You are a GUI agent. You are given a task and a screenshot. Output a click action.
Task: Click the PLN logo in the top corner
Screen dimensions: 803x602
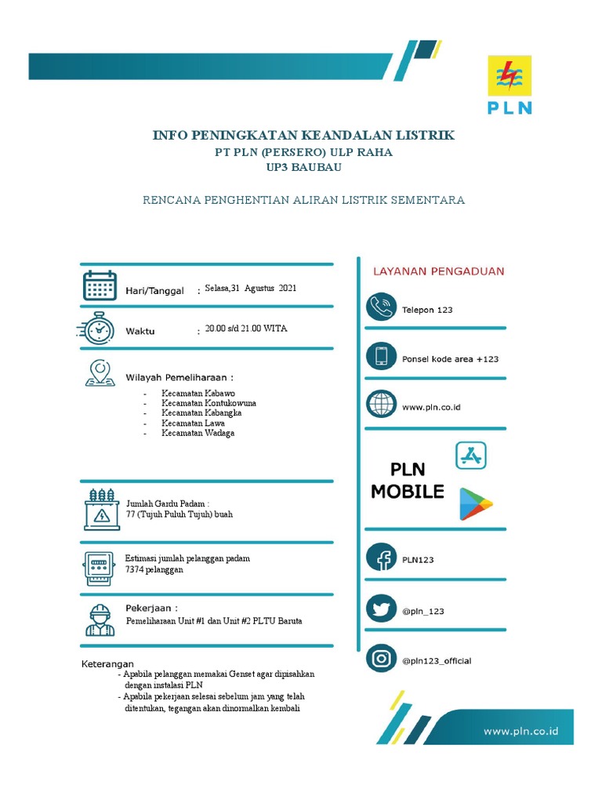pyautogui.click(x=510, y=85)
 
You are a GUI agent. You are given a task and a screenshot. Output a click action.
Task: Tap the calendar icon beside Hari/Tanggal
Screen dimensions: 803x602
pyautogui.click(x=100, y=285)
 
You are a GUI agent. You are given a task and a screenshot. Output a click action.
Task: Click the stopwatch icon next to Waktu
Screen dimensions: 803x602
pyautogui.click(x=98, y=329)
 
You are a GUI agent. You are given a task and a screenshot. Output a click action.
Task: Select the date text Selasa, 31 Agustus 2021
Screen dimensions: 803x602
pyautogui.click(x=251, y=289)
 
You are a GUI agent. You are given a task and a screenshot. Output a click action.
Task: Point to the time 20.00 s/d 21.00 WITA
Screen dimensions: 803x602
pyautogui.click(x=246, y=329)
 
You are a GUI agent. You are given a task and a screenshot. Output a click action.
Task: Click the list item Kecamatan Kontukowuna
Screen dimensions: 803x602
pyautogui.click(x=209, y=403)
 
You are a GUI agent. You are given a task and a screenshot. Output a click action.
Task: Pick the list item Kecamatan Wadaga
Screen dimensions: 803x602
pyautogui.click(x=198, y=433)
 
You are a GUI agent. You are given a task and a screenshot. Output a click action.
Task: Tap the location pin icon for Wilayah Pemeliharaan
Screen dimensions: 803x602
pyautogui.click(x=100, y=372)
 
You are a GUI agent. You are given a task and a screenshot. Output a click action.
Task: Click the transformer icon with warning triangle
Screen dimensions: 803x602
pyautogui.click(x=100, y=509)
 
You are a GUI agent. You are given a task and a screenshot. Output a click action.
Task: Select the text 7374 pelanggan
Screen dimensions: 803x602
pyautogui.click(x=154, y=570)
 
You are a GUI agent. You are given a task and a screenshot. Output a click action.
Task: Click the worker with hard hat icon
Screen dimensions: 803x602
pyautogui.click(x=100, y=620)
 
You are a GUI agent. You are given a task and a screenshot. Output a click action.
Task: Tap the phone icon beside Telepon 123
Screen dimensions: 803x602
pyautogui.click(x=381, y=307)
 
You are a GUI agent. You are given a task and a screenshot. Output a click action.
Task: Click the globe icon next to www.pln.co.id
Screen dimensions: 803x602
pyautogui.click(x=381, y=405)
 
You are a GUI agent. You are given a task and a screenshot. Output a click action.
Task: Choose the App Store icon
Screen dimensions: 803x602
pyautogui.click(x=471, y=455)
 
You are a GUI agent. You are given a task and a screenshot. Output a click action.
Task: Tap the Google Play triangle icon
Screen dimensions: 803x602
pyautogui.click(x=476, y=503)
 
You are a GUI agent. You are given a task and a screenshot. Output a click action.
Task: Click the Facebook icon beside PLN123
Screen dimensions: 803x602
pyautogui.click(x=381, y=558)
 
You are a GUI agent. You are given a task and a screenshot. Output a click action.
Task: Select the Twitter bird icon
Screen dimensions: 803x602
pyautogui.click(x=381, y=609)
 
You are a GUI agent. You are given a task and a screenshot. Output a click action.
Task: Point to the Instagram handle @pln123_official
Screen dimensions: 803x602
pyautogui.click(x=437, y=661)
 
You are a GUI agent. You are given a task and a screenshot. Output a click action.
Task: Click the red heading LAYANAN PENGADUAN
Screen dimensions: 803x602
pyautogui.click(x=438, y=271)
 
